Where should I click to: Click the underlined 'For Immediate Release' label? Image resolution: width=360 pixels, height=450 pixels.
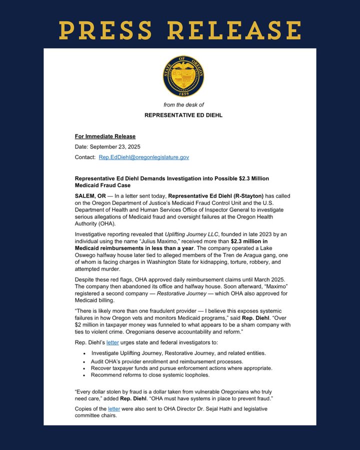[x=105, y=136]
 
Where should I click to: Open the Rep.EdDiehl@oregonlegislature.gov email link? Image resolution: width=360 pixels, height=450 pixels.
[x=143, y=157]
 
